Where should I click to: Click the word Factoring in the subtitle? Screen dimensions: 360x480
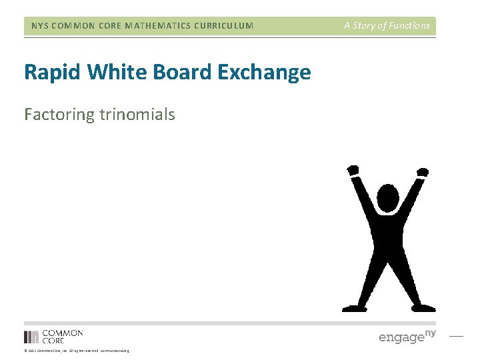pyautogui.click(x=59, y=115)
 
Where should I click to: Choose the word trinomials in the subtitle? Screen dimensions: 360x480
pyautogui.click(x=137, y=115)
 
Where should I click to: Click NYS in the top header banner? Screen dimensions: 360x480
pyautogui.click(x=41, y=26)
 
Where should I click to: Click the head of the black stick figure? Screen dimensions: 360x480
pyautogui.click(x=388, y=198)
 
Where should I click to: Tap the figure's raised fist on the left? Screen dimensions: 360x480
pyautogui.click(x=353, y=171)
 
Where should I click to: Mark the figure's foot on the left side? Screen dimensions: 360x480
pyautogui.click(x=353, y=308)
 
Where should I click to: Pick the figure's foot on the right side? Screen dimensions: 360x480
pyautogui.click(x=424, y=308)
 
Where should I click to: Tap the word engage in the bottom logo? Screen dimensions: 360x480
pyautogui.click(x=401, y=337)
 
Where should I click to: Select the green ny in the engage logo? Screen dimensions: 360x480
pyautogui.click(x=430, y=332)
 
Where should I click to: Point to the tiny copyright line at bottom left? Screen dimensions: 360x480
pyautogui.click(x=77, y=351)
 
